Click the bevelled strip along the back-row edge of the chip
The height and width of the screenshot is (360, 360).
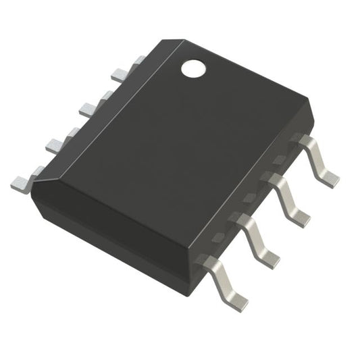(x=101, y=108)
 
